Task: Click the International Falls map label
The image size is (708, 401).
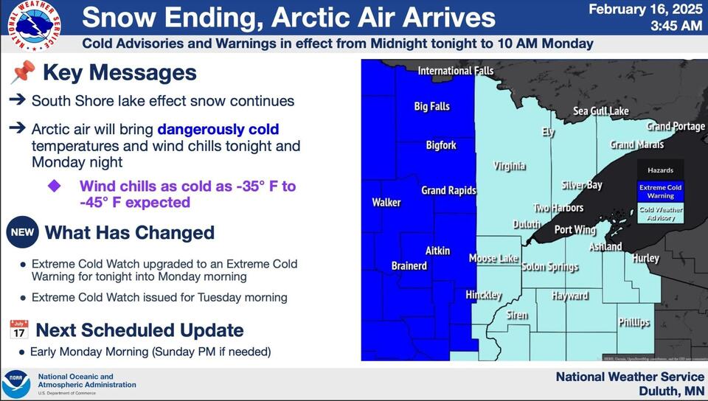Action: click(455, 71)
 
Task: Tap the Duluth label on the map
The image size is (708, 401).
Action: click(527, 224)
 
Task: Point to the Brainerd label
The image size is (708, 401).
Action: click(409, 265)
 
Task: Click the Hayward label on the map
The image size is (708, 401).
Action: click(570, 296)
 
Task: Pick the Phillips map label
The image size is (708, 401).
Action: click(634, 322)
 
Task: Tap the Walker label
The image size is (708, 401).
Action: click(386, 202)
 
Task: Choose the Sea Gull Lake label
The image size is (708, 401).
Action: click(601, 111)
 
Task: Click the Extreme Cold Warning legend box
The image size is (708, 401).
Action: click(660, 192)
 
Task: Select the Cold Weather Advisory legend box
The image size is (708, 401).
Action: click(660, 213)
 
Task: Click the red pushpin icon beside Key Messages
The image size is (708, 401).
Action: click(23, 72)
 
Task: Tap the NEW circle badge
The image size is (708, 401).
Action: click(21, 233)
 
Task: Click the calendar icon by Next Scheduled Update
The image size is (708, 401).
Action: click(19, 329)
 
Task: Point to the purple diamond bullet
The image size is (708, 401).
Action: click(55, 186)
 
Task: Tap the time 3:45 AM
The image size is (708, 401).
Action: click(677, 27)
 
